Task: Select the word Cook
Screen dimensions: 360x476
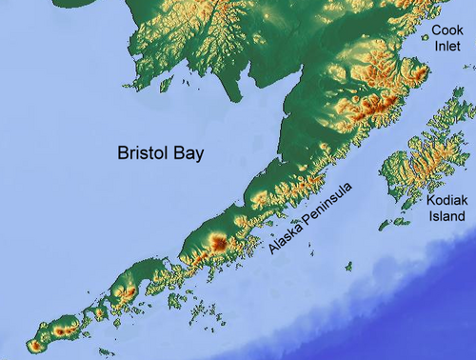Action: click(447, 30)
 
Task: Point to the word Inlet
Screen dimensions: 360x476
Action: click(447, 46)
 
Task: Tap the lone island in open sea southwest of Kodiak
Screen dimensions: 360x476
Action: click(348, 267)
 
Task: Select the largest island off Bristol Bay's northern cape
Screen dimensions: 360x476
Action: click(166, 85)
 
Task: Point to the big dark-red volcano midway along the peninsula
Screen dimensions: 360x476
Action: click(218, 244)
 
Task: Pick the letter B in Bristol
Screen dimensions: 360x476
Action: click(122, 152)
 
